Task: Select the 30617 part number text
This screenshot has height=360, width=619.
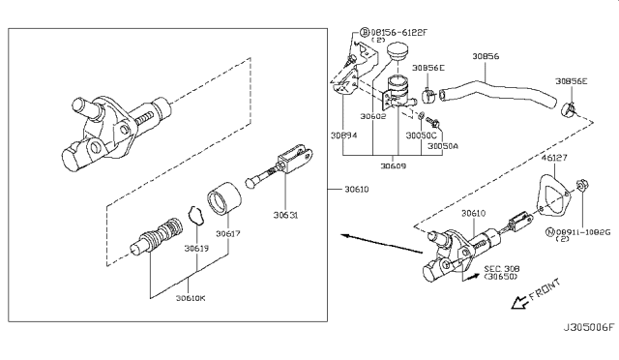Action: pos(227,233)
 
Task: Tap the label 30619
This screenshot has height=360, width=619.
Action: pos(196,248)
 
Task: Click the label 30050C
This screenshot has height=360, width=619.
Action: pos(422,135)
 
